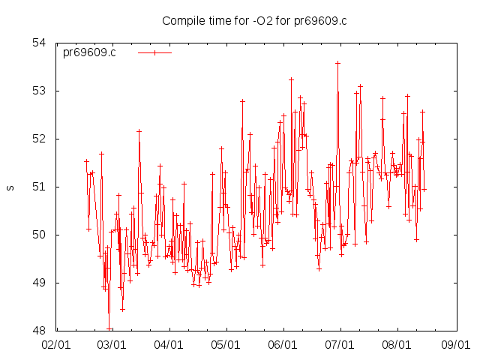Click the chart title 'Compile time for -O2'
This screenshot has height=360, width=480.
pyautogui.click(x=254, y=20)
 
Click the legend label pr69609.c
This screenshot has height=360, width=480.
pyautogui.click(x=89, y=52)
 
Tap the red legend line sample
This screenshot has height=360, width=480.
pyautogui.click(x=154, y=52)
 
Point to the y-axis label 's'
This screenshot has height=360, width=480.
pyautogui.click(x=10, y=187)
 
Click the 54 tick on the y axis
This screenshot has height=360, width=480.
pyautogui.click(x=40, y=43)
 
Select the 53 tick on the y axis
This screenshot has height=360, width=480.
pyautogui.click(x=40, y=91)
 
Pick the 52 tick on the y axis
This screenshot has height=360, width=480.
pyautogui.click(x=40, y=139)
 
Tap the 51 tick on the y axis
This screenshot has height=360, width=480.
pyautogui.click(x=40, y=187)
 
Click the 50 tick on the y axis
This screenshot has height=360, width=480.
pyautogui.click(x=40, y=235)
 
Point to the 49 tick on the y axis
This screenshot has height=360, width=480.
pyautogui.click(x=40, y=283)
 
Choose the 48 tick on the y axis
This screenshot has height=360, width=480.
pyautogui.click(x=40, y=331)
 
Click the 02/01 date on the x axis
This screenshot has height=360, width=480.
pyautogui.click(x=55, y=345)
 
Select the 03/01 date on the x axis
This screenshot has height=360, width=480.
pyautogui.click(x=112, y=345)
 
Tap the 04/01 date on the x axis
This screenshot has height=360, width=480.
pyautogui.click(x=169, y=345)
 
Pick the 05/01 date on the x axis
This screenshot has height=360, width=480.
pyautogui.click(x=226, y=345)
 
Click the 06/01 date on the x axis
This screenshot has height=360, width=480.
pyautogui.click(x=283, y=345)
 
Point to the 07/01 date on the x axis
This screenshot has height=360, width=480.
pyautogui.click(x=340, y=345)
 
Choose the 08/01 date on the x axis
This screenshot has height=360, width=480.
pyautogui.click(x=397, y=345)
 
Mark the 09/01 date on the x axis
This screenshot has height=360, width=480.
pyautogui.click(x=454, y=345)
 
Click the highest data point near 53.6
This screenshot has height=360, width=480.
pyautogui.click(x=337, y=63)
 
